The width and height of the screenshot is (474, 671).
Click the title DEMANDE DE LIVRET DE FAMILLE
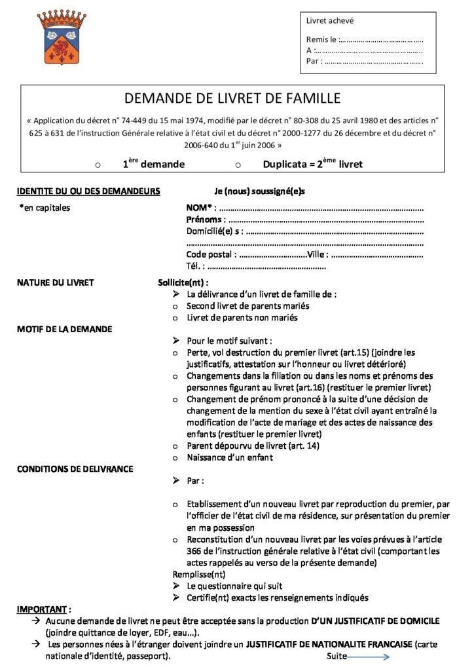coord(232,99)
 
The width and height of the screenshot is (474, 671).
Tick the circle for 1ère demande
coord(98,164)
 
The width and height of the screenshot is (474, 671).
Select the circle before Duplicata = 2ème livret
coord(238,164)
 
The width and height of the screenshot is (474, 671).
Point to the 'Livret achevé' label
coord(331,21)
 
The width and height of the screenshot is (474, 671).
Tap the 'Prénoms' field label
coord(204,220)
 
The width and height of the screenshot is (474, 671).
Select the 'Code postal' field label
coord(209,254)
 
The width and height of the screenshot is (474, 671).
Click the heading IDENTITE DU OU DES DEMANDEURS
coord(88,191)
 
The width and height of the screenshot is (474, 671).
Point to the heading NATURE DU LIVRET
coord(56,283)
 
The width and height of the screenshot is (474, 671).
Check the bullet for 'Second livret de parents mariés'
coord(175,306)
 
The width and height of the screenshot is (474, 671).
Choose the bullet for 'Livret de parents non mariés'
coord(175,318)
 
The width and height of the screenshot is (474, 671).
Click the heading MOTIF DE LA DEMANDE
coord(64,329)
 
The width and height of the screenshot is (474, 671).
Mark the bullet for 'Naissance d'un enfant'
coord(175,457)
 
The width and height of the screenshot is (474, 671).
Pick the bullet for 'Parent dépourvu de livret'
coord(175,446)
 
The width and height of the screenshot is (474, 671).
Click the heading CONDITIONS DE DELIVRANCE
coord(75,469)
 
